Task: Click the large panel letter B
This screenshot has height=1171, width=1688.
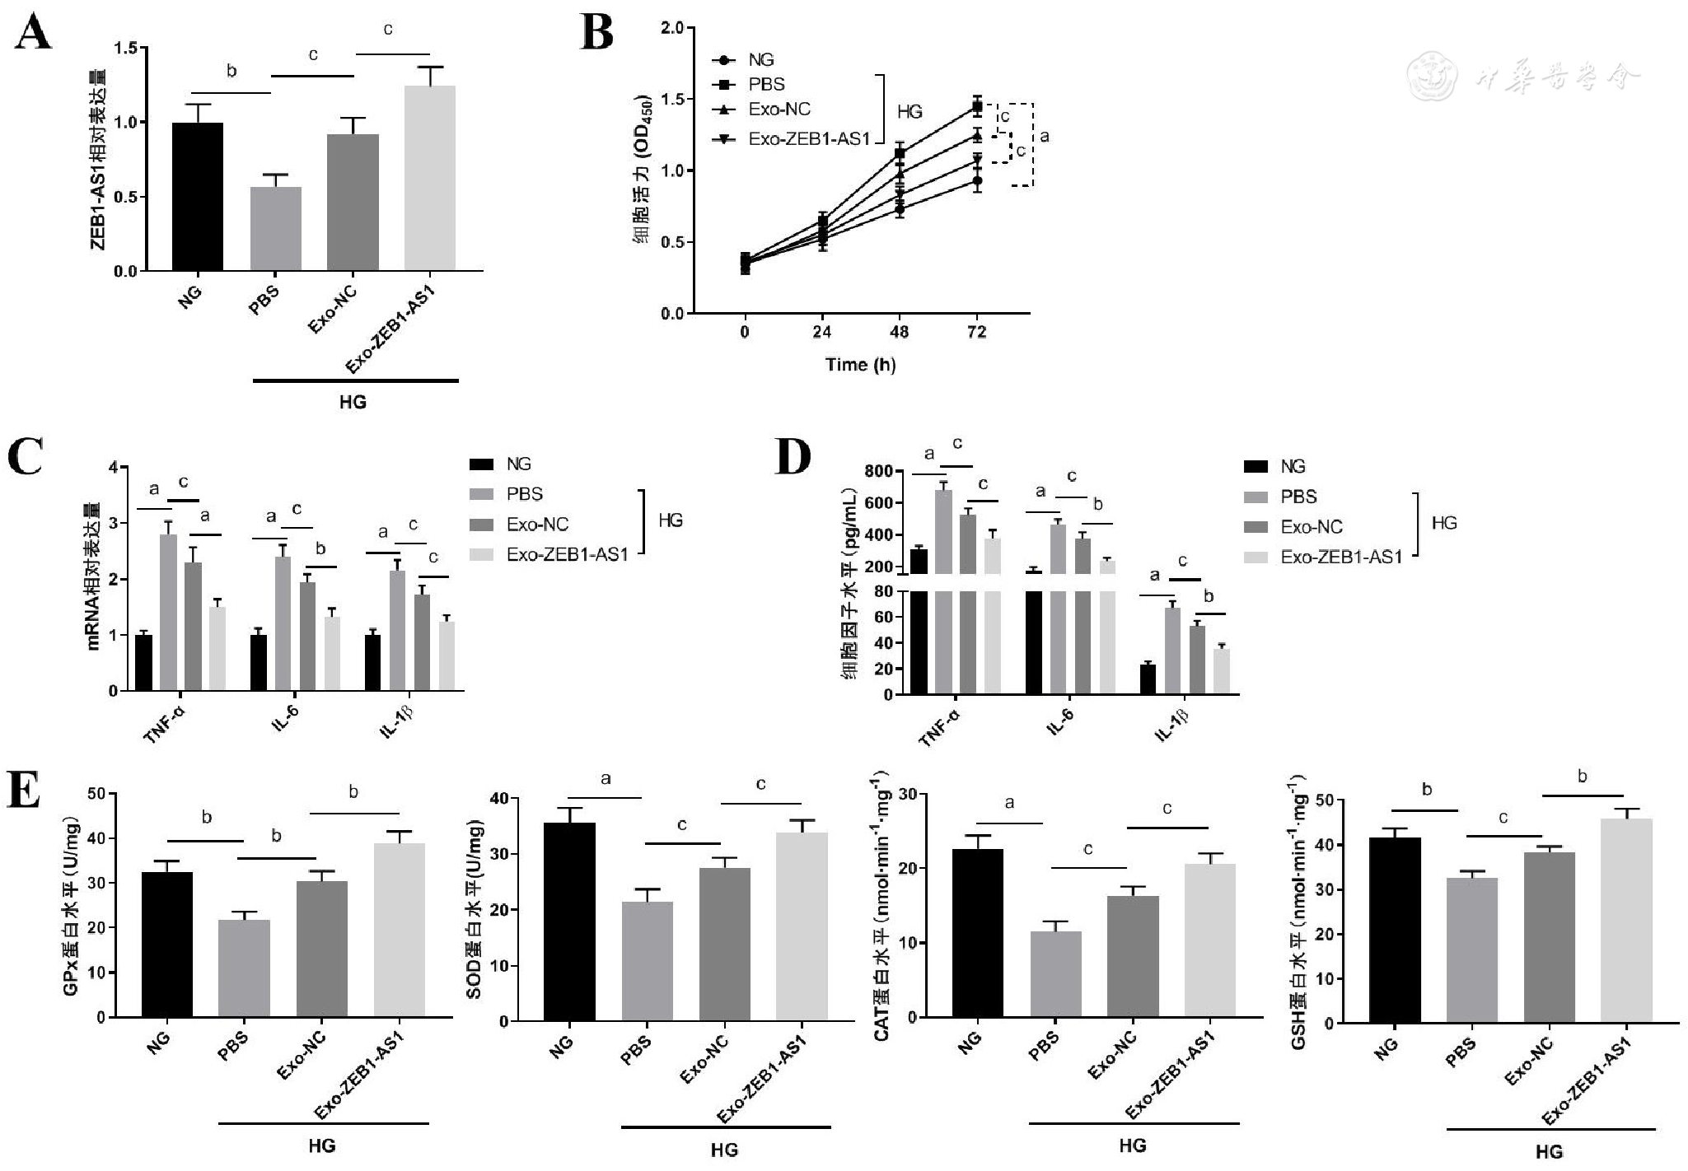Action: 597,35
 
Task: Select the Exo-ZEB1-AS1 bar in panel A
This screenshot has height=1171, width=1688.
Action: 430,179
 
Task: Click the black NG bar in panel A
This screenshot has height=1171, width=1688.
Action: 198,197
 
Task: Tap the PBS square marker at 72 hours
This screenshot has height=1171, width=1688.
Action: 977,105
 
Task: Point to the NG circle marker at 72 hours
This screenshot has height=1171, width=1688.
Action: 977,180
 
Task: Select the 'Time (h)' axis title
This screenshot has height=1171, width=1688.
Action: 860,365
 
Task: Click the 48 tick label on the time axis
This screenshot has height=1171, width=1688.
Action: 900,333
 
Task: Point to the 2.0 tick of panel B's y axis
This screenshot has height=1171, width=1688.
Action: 672,29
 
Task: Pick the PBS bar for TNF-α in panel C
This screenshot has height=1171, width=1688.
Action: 168,613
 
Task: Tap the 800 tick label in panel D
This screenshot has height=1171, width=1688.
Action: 878,472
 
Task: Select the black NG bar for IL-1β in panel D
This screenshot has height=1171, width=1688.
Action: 1148,679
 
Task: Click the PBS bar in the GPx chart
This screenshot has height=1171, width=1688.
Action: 244,968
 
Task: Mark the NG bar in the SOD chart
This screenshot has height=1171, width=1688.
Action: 569,922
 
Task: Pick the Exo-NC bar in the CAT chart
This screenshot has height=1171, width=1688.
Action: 1133,957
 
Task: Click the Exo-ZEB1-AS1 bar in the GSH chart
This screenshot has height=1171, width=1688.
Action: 1626,921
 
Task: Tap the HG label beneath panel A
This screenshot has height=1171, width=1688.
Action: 353,403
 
